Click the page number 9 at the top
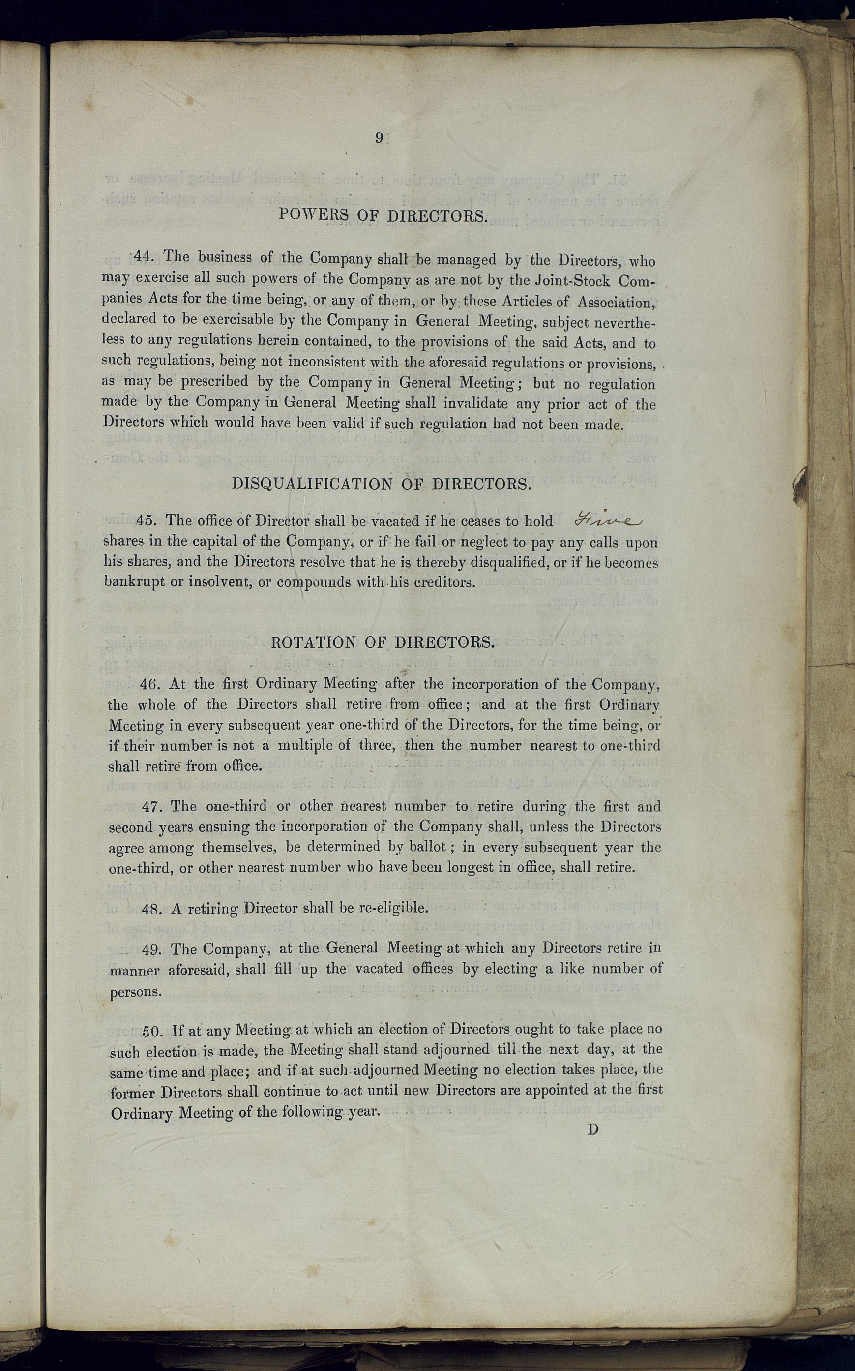(x=379, y=137)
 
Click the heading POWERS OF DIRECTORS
(x=383, y=215)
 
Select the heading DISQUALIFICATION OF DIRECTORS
(x=382, y=484)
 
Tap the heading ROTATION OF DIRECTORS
(x=383, y=642)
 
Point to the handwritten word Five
(x=609, y=519)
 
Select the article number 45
(x=147, y=520)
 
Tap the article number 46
(x=150, y=684)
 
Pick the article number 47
(x=152, y=806)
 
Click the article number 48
(x=152, y=909)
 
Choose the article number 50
(x=153, y=1030)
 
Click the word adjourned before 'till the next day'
(x=457, y=1049)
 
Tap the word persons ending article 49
(x=135, y=992)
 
